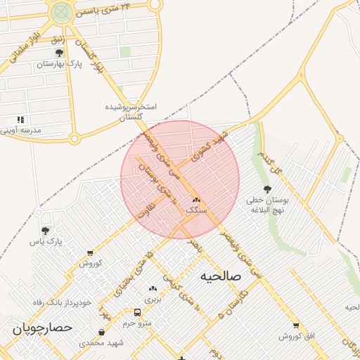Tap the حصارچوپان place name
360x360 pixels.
coord(42,328)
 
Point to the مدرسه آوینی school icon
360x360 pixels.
coord(20,120)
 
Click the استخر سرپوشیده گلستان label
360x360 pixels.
coord(130,111)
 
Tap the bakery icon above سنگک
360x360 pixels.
coord(195,200)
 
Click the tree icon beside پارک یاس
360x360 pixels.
coord(46,230)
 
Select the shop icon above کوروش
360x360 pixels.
coord(90,252)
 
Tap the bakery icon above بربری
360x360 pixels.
coord(153,288)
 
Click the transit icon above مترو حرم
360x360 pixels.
coord(137,312)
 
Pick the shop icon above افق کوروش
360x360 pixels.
coord(296,325)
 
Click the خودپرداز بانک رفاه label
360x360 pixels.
coord(63,302)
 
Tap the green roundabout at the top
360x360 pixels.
coord(61,11)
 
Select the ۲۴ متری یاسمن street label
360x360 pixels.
coord(107,10)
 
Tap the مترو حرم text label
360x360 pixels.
coord(137,323)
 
